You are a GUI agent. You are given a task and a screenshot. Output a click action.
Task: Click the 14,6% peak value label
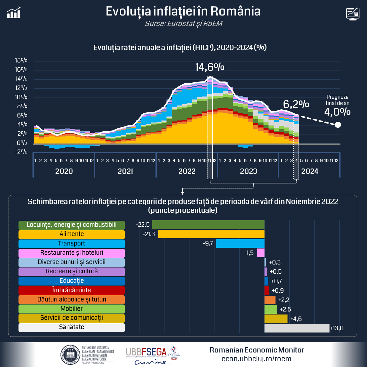(x=210, y=67)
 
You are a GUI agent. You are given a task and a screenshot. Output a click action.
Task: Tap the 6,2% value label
(x=296, y=104)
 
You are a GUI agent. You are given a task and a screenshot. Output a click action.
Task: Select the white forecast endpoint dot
(x=338, y=124)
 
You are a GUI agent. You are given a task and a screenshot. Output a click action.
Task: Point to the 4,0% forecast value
(x=337, y=112)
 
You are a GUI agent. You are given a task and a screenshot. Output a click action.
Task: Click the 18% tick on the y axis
(x=21, y=60)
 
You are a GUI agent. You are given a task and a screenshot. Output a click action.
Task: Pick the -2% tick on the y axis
(x=21, y=152)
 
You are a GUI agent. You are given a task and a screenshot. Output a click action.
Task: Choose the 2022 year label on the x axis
(x=187, y=171)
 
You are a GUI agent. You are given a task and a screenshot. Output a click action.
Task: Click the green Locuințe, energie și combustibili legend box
(x=71, y=225)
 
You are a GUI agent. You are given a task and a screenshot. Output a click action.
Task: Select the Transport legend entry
(x=71, y=244)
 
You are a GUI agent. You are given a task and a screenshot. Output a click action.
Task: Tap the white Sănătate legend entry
(x=71, y=327)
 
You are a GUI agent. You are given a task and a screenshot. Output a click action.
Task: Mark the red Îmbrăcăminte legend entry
(x=71, y=290)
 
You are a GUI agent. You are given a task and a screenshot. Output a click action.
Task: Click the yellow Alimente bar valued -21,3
(x=211, y=234)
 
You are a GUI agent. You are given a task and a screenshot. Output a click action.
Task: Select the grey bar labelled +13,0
(x=297, y=328)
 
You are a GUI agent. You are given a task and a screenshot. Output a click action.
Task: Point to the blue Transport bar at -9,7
(x=240, y=243)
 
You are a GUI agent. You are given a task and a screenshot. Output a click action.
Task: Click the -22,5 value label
(x=142, y=225)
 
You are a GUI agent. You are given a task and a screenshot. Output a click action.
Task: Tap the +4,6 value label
(x=296, y=319)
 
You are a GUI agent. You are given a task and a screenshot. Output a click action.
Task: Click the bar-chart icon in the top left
(x=14, y=13)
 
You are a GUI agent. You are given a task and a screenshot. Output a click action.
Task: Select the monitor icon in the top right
(x=352, y=14)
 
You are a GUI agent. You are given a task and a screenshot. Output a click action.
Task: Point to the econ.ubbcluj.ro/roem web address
(x=256, y=359)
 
